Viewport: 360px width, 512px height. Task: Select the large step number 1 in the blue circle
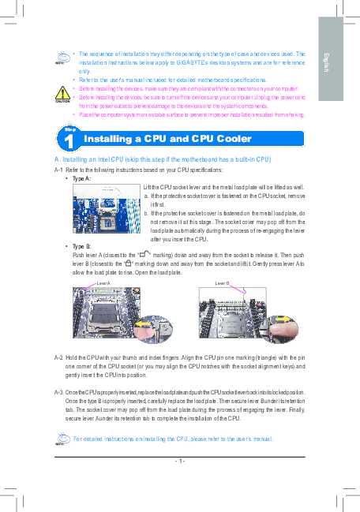[x=70, y=141]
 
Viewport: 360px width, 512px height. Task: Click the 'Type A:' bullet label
[x=81, y=179]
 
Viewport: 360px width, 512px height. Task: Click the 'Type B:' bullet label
[x=81, y=247]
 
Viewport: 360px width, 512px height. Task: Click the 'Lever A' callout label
[x=102, y=282]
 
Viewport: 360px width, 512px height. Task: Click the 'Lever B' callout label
[x=222, y=282]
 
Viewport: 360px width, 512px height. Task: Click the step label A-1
[x=58, y=170]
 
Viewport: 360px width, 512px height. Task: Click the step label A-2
[x=58, y=357]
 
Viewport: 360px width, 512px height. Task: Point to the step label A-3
[x=58, y=392]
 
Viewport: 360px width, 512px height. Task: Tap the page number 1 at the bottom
[x=180, y=461]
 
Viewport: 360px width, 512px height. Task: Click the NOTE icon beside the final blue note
[x=61, y=440]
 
